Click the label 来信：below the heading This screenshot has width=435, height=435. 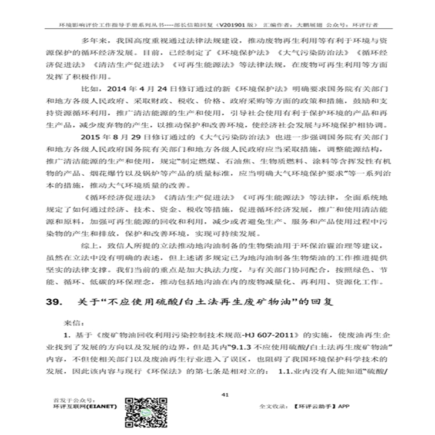[75, 322]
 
